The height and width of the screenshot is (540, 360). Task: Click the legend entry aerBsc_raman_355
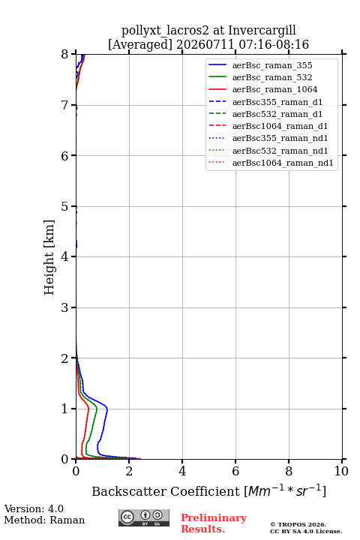(272, 65)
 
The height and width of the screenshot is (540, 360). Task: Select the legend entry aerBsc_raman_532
(272, 77)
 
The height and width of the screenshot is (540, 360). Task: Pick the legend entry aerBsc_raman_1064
(275, 89)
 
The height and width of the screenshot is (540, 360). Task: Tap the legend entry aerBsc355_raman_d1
(277, 102)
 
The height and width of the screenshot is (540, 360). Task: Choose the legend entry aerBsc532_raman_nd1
(280, 151)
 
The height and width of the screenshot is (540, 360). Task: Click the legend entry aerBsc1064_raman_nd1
(283, 163)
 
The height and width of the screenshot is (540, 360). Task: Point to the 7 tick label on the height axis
(64, 105)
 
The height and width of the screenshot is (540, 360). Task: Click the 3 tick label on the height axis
(64, 307)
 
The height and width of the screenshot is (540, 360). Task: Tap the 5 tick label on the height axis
(64, 206)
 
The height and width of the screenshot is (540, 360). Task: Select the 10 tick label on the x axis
(341, 471)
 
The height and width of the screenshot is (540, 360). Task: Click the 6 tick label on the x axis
(235, 471)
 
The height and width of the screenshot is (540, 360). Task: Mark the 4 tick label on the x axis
(182, 471)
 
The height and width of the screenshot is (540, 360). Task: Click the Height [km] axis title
(49, 257)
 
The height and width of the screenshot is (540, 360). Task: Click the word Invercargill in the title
(262, 31)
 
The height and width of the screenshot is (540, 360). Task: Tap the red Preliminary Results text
(214, 523)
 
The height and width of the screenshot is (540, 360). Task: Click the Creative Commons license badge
(144, 517)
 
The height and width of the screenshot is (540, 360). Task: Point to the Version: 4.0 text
(34, 508)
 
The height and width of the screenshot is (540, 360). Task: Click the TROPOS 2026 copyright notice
(298, 524)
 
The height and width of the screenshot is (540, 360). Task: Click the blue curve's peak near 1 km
(107, 409)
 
